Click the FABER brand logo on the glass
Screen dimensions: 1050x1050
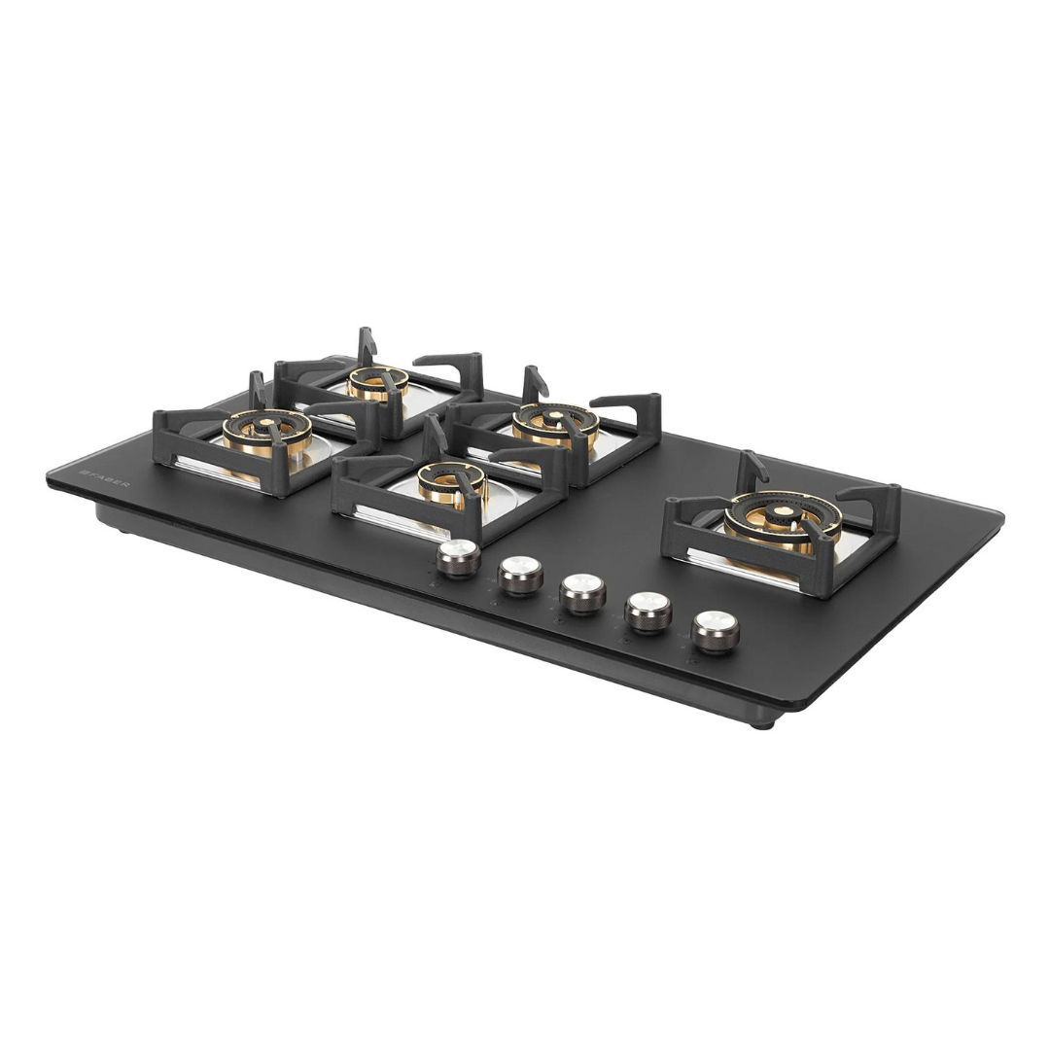click(105, 478)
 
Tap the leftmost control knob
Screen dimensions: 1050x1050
click(459, 558)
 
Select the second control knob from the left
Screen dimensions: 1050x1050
click(520, 575)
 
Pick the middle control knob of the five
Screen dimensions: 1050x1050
click(582, 593)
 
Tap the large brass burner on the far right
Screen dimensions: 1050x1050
click(782, 522)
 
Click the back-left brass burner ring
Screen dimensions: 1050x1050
click(377, 382)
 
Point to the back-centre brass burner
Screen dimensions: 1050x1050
click(555, 425)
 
